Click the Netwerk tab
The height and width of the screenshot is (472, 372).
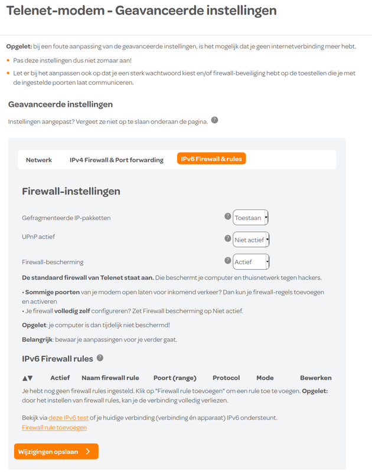pyautogui.click(x=39, y=159)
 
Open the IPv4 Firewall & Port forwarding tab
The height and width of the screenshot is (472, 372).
pyautogui.click(x=116, y=159)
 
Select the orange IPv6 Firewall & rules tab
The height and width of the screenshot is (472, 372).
pyautogui.click(x=211, y=159)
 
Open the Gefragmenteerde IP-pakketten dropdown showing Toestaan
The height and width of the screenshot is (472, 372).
pyautogui.click(x=250, y=218)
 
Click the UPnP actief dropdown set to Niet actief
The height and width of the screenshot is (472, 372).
pyautogui.click(x=251, y=240)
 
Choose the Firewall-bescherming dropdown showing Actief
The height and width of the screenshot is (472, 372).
pyautogui.click(x=251, y=261)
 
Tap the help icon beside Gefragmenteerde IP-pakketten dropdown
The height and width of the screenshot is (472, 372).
pyautogui.click(x=228, y=217)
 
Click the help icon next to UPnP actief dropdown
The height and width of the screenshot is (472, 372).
pyautogui.click(x=228, y=238)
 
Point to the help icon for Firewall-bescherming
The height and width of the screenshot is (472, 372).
pyautogui.click(x=228, y=260)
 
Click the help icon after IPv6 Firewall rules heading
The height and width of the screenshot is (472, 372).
pyautogui.click(x=100, y=358)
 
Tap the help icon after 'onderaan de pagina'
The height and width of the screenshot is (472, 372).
pyautogui.click(x=214, y=120)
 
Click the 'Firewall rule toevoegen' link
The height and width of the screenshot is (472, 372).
pyautogui.click(x=54, y=427)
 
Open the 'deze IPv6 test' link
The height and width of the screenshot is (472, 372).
pyautogui.click(x=68, y=418)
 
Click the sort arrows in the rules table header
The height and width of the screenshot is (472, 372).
pyautogui.click(x=27, y=378)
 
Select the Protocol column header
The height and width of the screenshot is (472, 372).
pyautogui.click(x=226, y=378)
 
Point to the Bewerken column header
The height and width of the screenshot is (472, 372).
pyautogui.click(x=316, y=378)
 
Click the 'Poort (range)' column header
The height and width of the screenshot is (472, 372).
pyautogui.click(x=175, y=378)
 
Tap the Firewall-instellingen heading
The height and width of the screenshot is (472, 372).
pyautogui.click(x=71, y=191)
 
